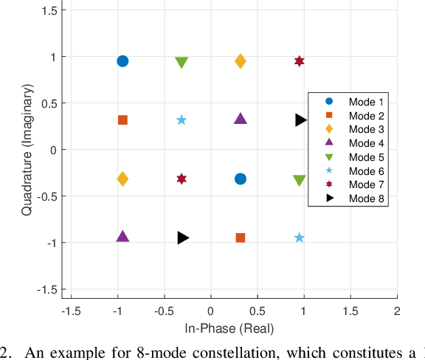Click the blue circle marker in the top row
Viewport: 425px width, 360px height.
pyautogui.click(x=122, y=60)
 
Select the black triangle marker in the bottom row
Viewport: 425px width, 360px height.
pyautogui.click(x=183, y=238)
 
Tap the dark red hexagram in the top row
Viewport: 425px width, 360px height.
pyautogui.click(x=300, y=61)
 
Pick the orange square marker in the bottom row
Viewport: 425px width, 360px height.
pyautogui.click(x=241, y=238)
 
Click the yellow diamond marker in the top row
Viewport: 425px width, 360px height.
pyautogui.click(x=241, y=61)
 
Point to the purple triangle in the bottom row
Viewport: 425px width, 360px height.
pyautogui.click(x=122, y=237)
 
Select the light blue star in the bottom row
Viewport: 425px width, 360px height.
pyautogui.click(x=300, y=238)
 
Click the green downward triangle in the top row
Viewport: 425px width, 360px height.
pyautogui.click(x=182, y=62)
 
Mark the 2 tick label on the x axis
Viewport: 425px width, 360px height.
pyautogui.click(x=397, y=311)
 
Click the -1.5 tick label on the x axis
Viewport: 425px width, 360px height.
pyautogui.click(x=70, y=311)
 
